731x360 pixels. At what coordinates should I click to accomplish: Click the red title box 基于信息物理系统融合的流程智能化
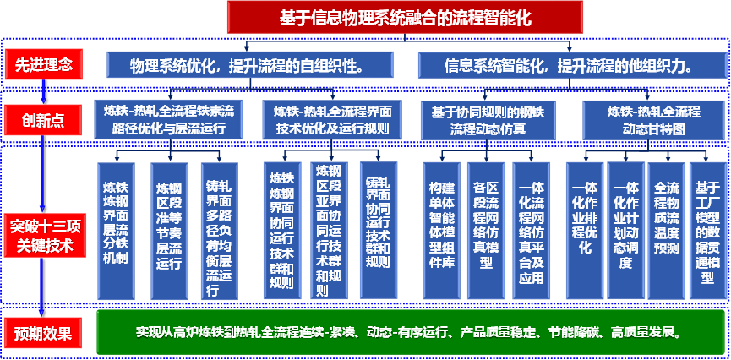(405, 17)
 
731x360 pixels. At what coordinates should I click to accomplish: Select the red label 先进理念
(43, 64)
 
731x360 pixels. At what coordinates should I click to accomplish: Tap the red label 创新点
(43, 120)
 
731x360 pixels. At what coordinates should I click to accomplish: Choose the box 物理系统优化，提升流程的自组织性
(250, 65)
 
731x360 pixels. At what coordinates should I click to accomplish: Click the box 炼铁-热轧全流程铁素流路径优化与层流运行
(170, 120)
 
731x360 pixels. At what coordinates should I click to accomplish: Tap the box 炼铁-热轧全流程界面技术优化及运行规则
(331, 120)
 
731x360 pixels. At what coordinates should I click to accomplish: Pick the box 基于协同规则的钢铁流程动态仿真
(488, 120)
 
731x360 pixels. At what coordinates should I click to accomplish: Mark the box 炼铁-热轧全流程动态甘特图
(653, 120)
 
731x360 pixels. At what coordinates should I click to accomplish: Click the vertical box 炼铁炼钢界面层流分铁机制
(116, 231)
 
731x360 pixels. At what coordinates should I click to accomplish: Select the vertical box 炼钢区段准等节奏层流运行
(169, 231)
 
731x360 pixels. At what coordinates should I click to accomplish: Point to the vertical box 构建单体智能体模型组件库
(441, 231)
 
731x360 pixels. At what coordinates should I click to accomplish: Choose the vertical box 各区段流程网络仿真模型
(486, 231)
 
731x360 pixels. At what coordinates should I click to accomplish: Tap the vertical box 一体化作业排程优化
(584, 231)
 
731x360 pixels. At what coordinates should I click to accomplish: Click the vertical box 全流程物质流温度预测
(667, 231)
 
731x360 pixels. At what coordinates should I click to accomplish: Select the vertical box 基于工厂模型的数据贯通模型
(708, 231)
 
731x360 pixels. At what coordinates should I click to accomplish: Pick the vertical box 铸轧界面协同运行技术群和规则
(378, 230)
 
